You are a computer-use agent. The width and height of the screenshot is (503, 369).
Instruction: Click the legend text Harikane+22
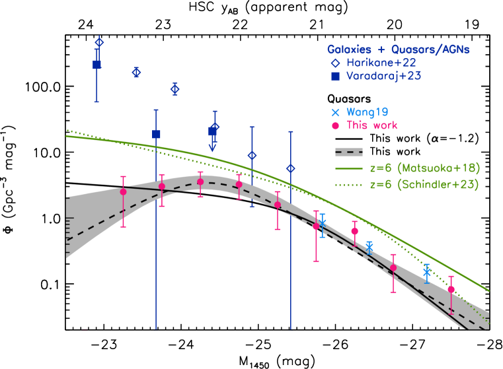point(381,63)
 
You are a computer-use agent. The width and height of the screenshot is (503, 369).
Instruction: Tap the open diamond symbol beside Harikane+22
point(336,63)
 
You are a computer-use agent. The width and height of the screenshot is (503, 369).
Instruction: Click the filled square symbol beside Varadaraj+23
point(336,77)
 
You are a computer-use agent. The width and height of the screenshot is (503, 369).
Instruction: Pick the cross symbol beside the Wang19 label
point(336,112)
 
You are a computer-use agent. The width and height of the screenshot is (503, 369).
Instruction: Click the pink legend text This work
point(372,125)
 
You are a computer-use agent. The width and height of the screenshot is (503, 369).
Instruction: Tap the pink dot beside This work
point(336,125)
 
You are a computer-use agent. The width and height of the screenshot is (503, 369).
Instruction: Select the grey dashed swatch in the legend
point(349,152)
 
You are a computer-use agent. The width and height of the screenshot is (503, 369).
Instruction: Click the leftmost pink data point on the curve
point(123,191)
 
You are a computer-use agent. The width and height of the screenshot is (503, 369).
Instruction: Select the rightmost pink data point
point(451,289)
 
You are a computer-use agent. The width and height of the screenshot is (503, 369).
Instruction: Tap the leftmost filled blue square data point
point(97,64)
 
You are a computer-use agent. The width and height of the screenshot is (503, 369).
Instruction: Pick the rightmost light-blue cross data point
point(428,272)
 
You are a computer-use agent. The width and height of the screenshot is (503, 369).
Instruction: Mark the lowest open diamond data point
point(291,168)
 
